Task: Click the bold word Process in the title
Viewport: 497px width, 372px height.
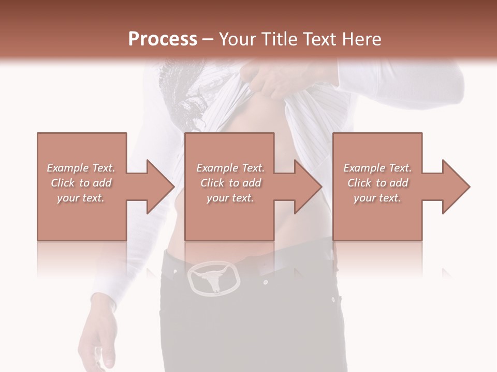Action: pyautogui.click(x=163, y=39)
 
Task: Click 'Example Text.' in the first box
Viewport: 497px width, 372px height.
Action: pyautogui.click(x=81, y=168)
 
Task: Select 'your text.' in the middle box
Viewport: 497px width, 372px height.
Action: pyautogui.click(x=230, y=198)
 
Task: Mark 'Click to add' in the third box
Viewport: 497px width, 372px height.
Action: pyautogui.click(x=378, y=183)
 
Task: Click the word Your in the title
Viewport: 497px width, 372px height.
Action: pyautogui.click(x=236, y=39)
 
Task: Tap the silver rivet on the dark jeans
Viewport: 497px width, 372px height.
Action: pyautogui.click(x=266, y=283)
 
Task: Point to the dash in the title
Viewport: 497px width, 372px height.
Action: pyautogui.click(x=208, y=39)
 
